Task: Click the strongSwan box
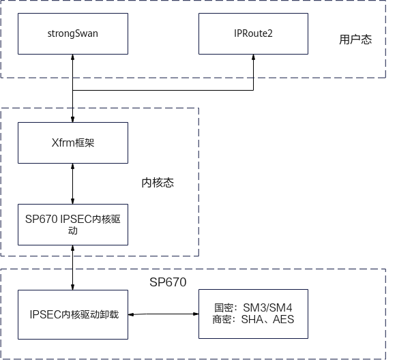coord(73,33)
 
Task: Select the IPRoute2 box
coord(253,33)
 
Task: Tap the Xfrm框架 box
coord(73,142)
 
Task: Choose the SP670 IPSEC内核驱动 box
coord(73,224)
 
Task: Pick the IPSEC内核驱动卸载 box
coord(73,314)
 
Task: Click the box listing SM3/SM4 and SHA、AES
coord(253,314)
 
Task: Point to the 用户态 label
coord(355,40)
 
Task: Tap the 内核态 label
coord(158,183)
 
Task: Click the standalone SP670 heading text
coord(168,282)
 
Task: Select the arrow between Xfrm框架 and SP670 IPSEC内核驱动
coord(73,183)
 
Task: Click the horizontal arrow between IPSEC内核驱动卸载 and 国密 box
coord(163,314)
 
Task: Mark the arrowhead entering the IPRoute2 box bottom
coord(253,57)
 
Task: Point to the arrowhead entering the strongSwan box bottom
coord(73,57)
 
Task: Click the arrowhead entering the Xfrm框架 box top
coord(73,119)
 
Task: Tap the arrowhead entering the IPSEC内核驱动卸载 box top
coord(73,287)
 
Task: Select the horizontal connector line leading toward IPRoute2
coord(163,90)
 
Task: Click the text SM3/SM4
coord(267,308)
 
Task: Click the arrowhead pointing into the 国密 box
coord(196,314)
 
